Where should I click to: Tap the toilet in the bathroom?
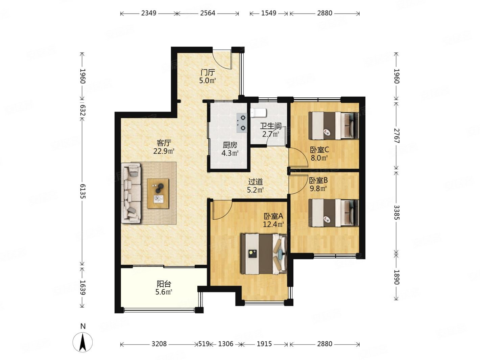click(x=258, y=112)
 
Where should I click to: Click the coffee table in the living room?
click(x=158, y=193)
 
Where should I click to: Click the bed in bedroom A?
click(x=263, y=254)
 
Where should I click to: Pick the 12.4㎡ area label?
click(x=273, y=224)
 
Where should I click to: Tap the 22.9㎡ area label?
click(x=164, y=151)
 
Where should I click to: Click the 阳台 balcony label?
click(x=164, y=284)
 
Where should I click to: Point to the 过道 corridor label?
click(x=255, y=182)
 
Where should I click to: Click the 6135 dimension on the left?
click(x=82, y=191)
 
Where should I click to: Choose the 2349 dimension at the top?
click(x=149, y=13)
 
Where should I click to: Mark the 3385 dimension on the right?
click(x=397, y=212)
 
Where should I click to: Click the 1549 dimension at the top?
click(x=269, y=13)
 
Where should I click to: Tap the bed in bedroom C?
click(x=334, y=126)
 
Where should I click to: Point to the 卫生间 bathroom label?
click(x=271, y=126)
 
